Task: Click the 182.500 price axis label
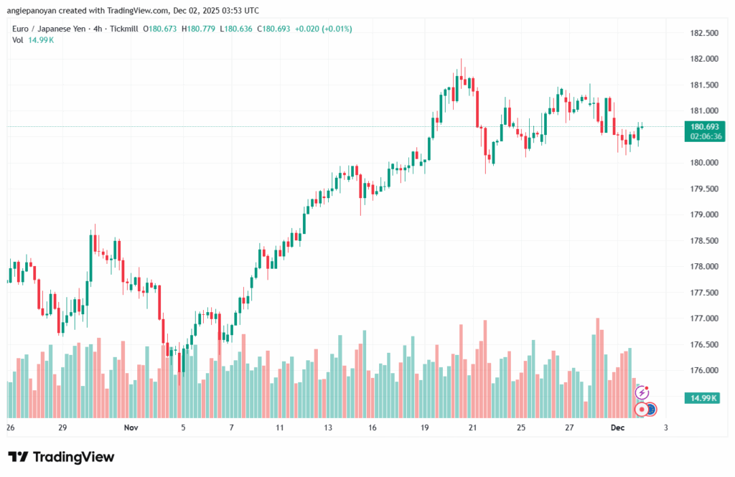(x=704, y=33)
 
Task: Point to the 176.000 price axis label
(x=704, y=370)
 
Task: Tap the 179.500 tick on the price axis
(x=704, y=189)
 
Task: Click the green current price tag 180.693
(x=703, y=126)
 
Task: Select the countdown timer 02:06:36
(x=703, y=136)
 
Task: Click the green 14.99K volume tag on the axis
(x=703, y=397)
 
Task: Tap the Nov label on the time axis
(x=130, y=428)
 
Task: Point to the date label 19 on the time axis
(x=425, y=428)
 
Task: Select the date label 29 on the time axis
(x=63, y=428)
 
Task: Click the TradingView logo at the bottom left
(x=61, y=457)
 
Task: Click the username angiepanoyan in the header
(x=36, y=11)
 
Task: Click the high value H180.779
(x=200, y=29)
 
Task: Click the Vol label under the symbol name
(x=18, y=39)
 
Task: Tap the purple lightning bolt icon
(x=643, y=392)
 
